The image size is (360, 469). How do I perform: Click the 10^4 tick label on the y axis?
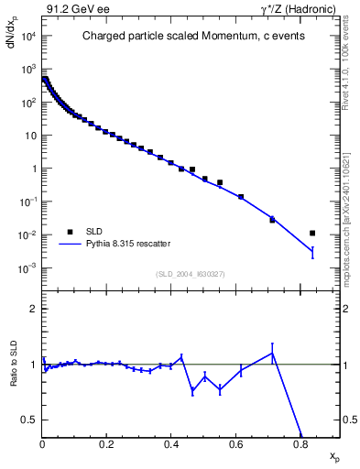(27, 36)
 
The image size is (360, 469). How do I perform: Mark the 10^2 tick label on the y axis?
(27, 103)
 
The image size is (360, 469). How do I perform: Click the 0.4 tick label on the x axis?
(171, 445)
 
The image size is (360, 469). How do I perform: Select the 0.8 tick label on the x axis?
(300, 445)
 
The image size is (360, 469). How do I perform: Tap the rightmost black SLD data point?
(312, 233)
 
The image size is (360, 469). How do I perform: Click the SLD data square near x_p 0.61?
(241, 197)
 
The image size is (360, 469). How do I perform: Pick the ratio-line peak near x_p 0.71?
(272, 353)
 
